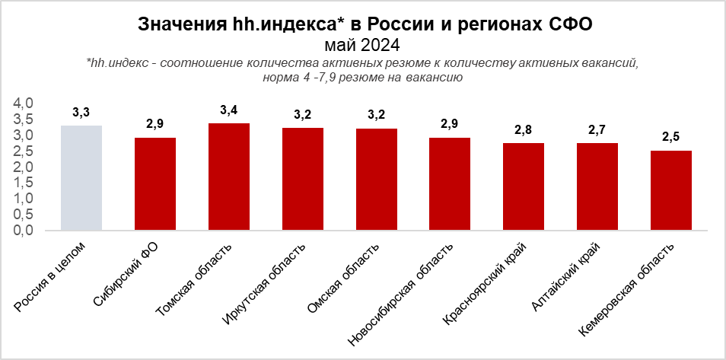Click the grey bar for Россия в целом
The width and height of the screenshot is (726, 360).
(x=81, y=177)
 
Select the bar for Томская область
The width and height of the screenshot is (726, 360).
(x=228, y=176)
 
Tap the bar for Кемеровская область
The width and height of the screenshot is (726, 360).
(x=671, y=190)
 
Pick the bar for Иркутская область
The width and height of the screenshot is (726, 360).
(x=302, y=179)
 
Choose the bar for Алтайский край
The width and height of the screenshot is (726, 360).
(x=597, y=186)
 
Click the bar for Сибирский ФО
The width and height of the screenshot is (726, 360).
(x=154, y=183)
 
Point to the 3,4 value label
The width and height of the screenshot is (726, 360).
(x=228, y=110)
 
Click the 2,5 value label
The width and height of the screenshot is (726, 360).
(x=671, y=138)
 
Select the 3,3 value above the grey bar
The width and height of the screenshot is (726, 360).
(x=81, y=113)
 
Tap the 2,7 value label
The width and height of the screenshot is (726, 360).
(x=597, y=130)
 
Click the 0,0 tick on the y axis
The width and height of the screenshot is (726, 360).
(x=24, y=230)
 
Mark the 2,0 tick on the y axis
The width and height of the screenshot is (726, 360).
(x=24, y=167)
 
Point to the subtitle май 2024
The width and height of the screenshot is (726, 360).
(x=362, y=43)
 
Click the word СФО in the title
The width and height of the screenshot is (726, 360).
(x=571, y=24)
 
